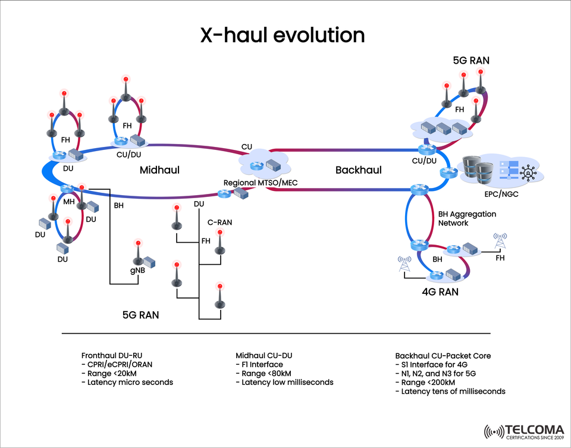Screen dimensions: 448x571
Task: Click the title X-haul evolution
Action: (x=282, y=35)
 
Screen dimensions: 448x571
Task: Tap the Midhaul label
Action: (x=159, y=170)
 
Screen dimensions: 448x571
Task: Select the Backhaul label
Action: (x=358, y=170)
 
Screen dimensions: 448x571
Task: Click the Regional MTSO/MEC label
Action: (x=261, y=182)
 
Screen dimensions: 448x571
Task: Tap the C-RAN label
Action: (x=219, y=223)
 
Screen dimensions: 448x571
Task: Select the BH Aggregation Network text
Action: (x=467, y=218)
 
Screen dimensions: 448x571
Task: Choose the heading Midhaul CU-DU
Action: (x=264, y=355)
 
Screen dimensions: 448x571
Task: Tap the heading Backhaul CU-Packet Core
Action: (x=443, y=355)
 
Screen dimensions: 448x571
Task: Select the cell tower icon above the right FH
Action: (x=500, y=242)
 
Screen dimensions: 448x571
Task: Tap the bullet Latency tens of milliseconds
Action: (x=450, y=391)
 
